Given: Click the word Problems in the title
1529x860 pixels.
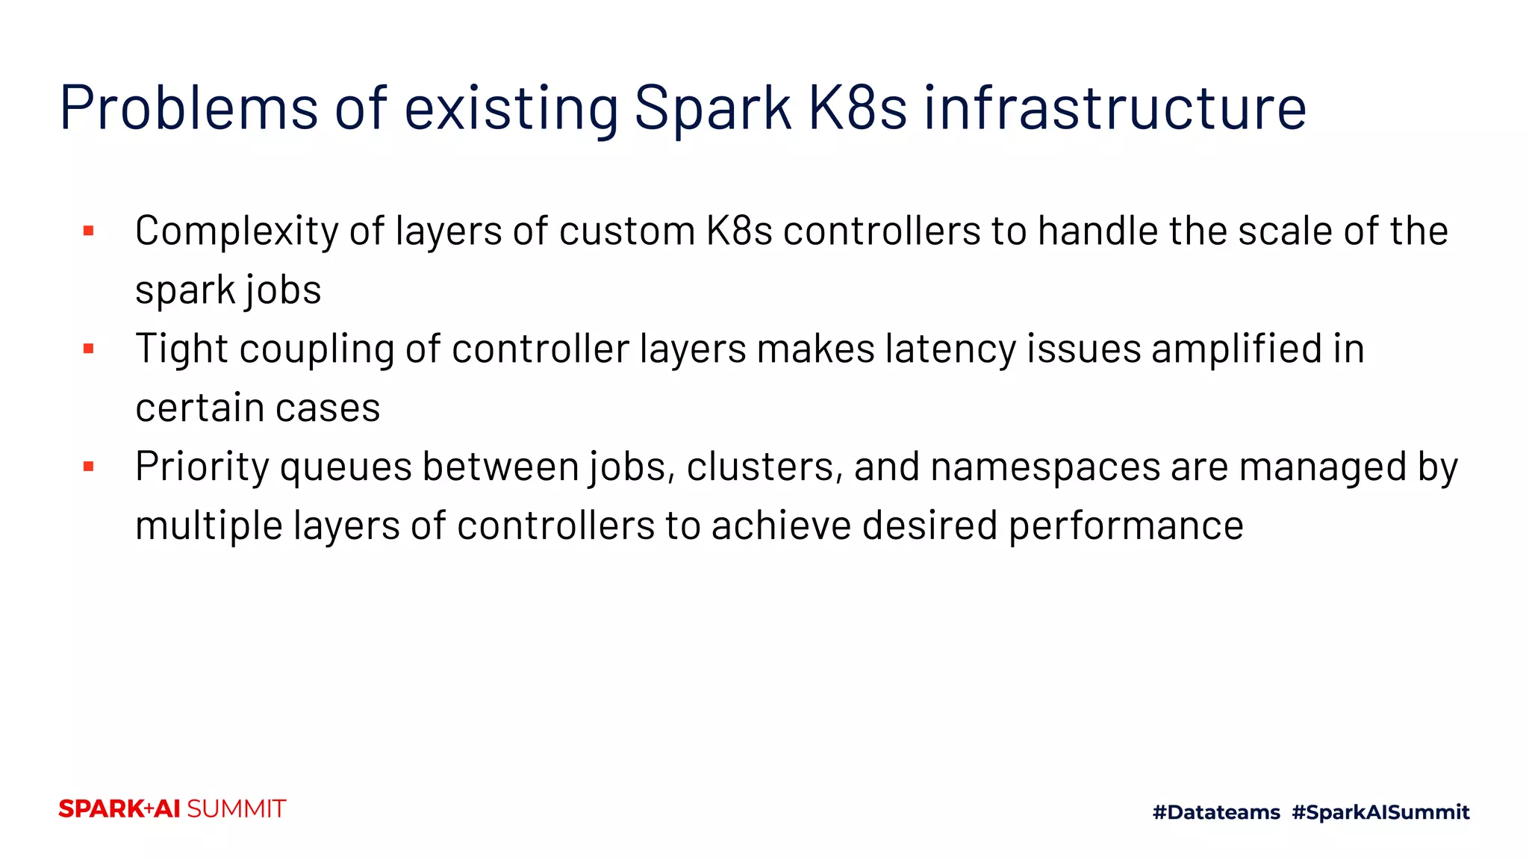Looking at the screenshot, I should (x=189, y=108).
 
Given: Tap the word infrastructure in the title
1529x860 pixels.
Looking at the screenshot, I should (x=1115, y=108).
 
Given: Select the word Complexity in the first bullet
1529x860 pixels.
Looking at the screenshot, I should (x=237, y=231).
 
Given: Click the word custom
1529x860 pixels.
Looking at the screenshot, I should (x=627, y=231).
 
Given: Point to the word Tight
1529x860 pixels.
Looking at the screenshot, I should (x=181, y=349).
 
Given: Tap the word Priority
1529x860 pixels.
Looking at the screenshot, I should (x=202, y=467).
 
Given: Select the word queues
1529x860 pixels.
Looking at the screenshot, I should (x=346, y=469).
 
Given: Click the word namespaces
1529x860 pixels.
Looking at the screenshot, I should (x=1045, y=469).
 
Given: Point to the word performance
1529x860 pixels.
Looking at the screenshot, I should (x=1126, y=527).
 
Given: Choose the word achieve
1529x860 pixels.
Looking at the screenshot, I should (x=782, y=526).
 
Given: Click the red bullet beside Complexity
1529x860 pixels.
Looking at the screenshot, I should (x=89, y=231).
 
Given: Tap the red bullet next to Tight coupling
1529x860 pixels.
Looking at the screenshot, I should (x=89, y=349).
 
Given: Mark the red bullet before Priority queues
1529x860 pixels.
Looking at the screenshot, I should (x=89, y=467).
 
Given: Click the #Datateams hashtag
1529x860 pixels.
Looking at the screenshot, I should (x=1216, y=812).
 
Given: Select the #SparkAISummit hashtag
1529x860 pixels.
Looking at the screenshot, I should (x=1380, y=812).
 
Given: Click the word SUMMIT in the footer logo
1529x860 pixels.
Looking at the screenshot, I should (x=236, y=809).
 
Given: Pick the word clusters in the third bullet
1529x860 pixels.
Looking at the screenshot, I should (x=764, y=467).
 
